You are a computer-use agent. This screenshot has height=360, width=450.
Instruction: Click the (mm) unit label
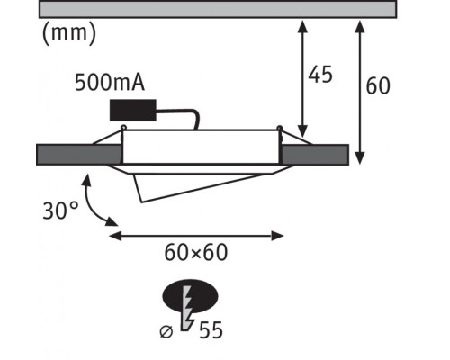pyautogui.click(x=69, y=33)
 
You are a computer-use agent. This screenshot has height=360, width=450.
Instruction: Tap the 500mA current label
pyautogui.click(x=110, y=82)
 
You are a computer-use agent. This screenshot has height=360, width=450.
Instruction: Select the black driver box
pyautogui.click(x=133, y=111)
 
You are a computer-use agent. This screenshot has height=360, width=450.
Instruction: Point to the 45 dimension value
pyautogui.click(x=320, y=74)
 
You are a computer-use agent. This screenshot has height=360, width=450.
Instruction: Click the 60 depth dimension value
pyautogui.click(x=378, y=85)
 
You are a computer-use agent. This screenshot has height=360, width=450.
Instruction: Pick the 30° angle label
pyautogui.click(x=61, y=211)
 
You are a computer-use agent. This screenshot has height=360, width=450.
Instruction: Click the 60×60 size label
pyautogui.click(x=196, y=252)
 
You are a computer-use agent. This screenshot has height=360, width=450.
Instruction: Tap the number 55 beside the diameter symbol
pyautogui.click(x=211, y=330)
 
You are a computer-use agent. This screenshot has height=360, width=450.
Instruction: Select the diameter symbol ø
pyautogui.click(x=166, y=331)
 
